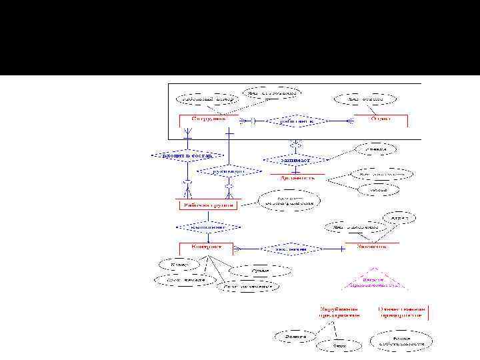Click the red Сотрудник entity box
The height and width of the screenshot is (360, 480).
point(209,119)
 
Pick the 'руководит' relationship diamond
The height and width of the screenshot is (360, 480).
point(229,171)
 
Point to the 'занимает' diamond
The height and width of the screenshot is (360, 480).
point(295,160)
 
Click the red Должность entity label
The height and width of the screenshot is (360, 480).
point(297,178)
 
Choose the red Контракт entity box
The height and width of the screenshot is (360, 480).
point(206,247)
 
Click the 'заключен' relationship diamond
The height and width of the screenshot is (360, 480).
point(293,249)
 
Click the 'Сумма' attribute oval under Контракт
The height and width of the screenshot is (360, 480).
point(261,271)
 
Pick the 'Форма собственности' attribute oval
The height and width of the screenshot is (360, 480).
point(401,341)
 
